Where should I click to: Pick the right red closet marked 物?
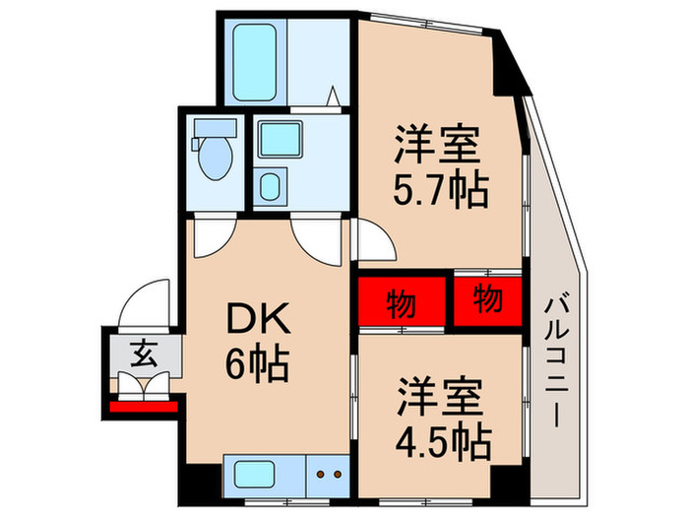coord(486,297)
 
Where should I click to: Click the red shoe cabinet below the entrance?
coord(143,405)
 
